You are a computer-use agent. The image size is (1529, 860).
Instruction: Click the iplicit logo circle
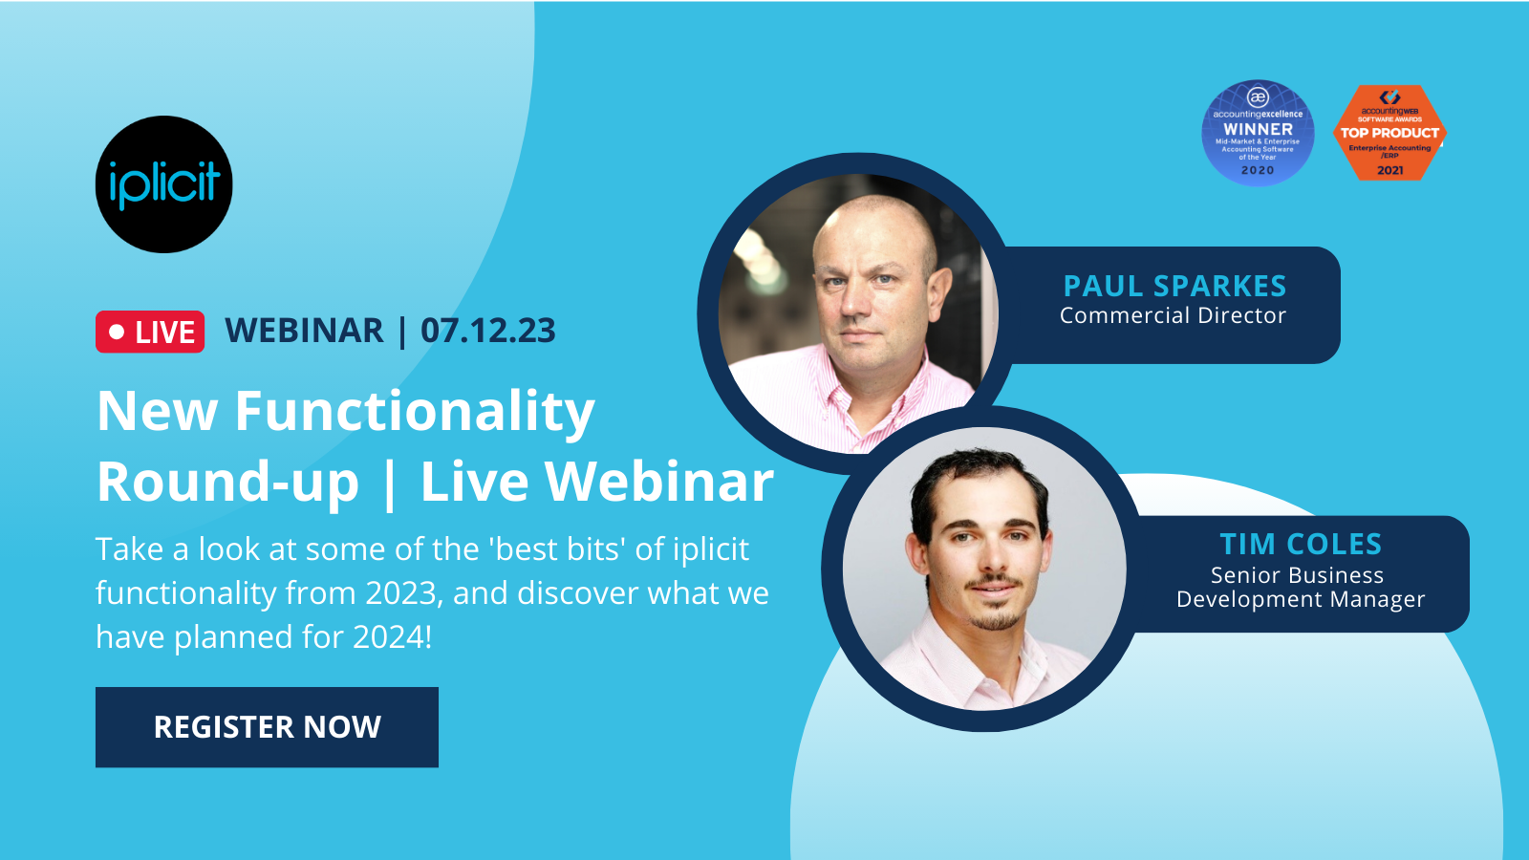pyautogui.click(x=164, y=184)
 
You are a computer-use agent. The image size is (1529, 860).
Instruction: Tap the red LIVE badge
pyautogui.click(x=150, y=332)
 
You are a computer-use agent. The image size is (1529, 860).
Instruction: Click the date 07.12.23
pyautogui.click(x=487, y=331)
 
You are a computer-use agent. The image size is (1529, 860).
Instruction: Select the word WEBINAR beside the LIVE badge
pyautogui.click(x=304, y=331)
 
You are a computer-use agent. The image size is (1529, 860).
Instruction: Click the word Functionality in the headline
pyautogui.click(x=415, y=412)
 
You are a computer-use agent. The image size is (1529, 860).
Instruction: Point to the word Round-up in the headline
pyautogui.click(x=227, y=482)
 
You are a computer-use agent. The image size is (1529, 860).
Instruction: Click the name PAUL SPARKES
pyautogui.click(x=1174, y=286)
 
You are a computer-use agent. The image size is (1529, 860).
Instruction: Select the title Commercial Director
pyautogui.click(x=1173, y=316)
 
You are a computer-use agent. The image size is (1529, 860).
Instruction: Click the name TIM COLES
pyautogui.click(x=1300, y=544)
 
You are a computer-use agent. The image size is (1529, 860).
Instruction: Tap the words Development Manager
pyautogui.click(x=1300, y=599)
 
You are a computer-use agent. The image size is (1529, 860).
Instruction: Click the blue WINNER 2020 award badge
pyautogui.click(x=1258, y=133)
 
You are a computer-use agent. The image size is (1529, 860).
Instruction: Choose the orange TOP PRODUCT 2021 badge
pyautogui.click(x=1389, y=133)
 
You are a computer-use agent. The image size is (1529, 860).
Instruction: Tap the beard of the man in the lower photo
pyautogui.click(x=994, y=616)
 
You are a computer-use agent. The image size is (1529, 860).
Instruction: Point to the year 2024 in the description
pyautogui.click(x=391, y=636)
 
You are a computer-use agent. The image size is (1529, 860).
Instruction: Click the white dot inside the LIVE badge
pyautogui.click(x=117, y=332)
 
